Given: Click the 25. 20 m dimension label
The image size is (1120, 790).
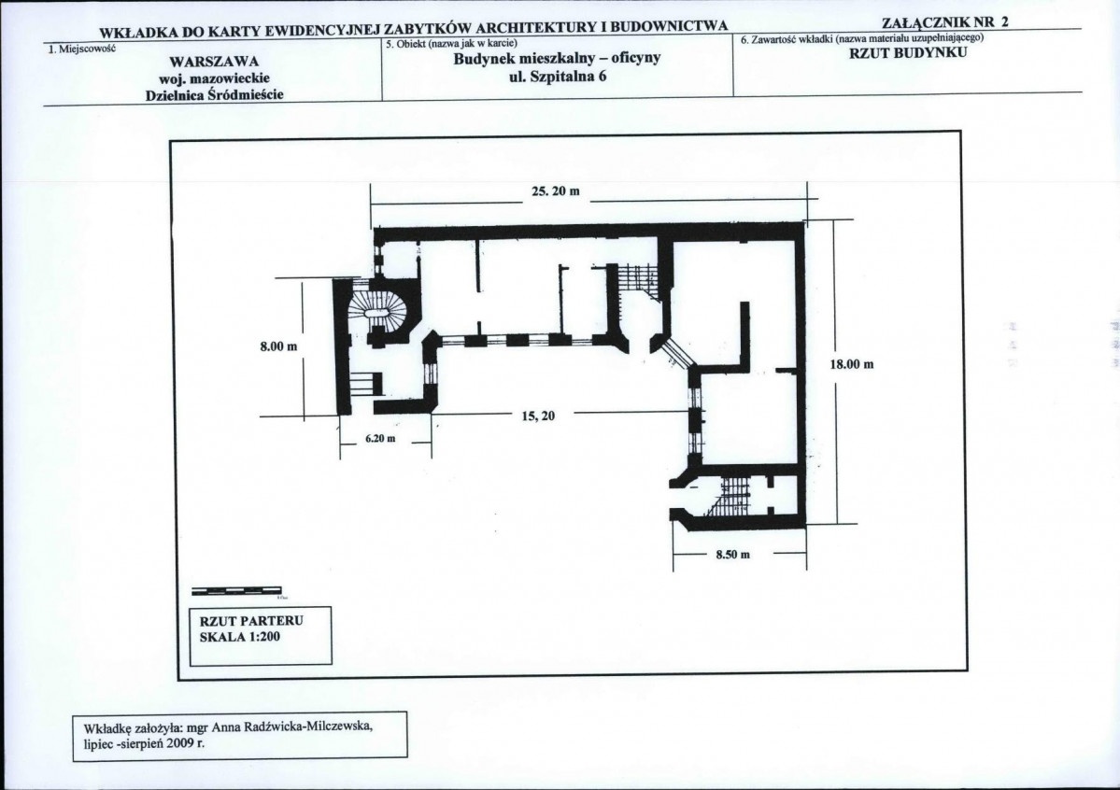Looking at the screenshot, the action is pos(556,191).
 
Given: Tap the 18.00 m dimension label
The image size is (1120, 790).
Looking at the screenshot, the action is pos(851,364).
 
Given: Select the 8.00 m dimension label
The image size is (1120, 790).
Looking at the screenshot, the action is pos(278,346).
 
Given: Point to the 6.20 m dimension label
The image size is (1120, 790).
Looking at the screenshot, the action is pos(380,438).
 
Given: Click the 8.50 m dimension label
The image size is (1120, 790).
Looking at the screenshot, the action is pos(733,555).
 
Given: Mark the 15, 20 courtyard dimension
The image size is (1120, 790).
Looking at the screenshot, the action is pos(539,416).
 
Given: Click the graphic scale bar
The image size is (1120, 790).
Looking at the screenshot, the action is pos(237,591).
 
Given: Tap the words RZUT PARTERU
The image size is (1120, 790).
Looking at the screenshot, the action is pos(251,621).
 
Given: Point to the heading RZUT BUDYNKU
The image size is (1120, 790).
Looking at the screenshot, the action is pos(908,52).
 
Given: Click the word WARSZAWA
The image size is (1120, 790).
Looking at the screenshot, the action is pos(214,62).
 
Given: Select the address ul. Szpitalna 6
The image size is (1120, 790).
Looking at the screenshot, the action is pos(558,76).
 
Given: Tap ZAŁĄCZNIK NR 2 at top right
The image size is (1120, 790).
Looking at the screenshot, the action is pos(945,21).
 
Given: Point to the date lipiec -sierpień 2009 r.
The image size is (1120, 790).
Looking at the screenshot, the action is pos(144,743).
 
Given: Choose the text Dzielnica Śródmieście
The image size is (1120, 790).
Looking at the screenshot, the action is pos(214,95).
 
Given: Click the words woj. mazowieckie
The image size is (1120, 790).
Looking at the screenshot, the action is pos(214,78).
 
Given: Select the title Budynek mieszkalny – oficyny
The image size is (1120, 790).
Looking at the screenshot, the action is pos(557,58).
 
